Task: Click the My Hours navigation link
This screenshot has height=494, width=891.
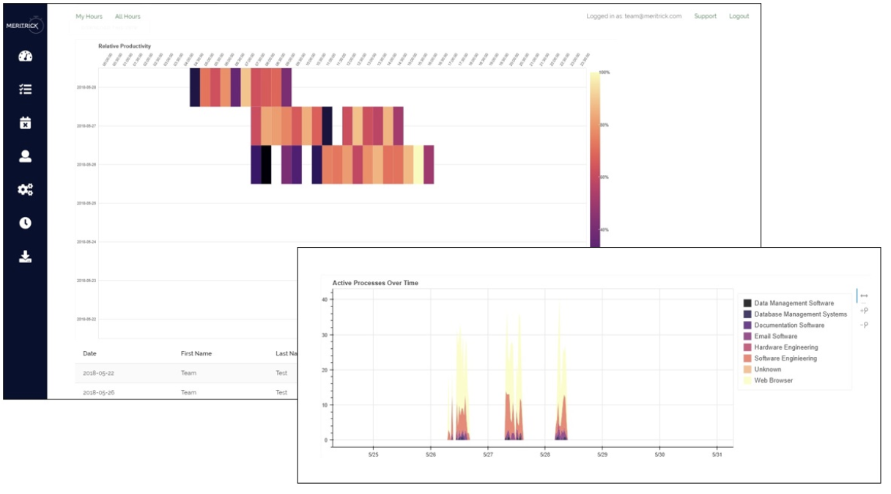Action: point(89,16)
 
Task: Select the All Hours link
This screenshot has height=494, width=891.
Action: point(127,16)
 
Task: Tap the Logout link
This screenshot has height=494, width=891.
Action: point(739,16)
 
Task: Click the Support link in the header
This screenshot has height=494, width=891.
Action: point(705,16)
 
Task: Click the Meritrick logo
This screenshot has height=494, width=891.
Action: point(25,26)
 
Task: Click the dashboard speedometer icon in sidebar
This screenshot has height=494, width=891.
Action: point(25,56)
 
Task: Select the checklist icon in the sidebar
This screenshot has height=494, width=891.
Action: point(25,89)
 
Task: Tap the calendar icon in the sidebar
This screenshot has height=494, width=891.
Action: point(25,122)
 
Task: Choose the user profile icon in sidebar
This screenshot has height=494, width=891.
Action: point(25,156)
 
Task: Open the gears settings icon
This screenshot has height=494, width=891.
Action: point(25,190)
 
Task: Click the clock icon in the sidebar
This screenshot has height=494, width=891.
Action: point(25,223)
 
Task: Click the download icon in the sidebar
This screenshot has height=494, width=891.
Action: point(25,257)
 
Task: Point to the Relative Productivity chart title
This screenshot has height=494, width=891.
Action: point(125,46)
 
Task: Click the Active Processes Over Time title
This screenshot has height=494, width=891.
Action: point(375,283)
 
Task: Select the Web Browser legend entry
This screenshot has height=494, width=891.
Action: point(773,380)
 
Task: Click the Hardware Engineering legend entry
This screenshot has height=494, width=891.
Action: point(785,347)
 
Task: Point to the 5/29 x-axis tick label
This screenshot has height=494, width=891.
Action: point(602,454)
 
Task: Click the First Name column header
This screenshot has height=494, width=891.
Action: point(196,353)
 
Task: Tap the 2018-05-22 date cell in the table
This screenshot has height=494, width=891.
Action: point(99,373)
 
